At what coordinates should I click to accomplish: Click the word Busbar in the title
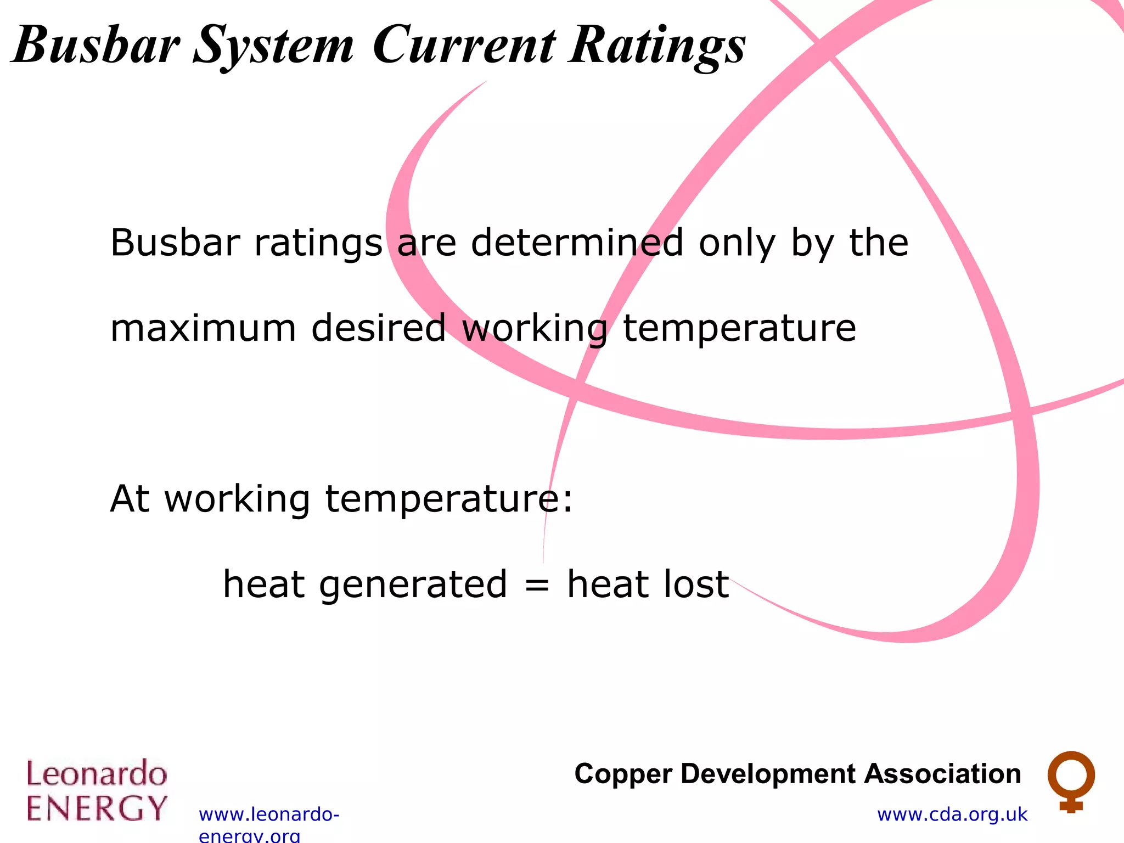tap(96, 45)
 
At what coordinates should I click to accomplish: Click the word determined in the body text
tap(577, 243)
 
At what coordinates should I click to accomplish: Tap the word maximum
tap(203, 328)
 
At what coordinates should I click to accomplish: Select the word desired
tap(378, 328)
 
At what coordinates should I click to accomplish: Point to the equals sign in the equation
tap(536, 585)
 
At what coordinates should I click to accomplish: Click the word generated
tap(413, 585)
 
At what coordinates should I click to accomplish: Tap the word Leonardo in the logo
tap(97, 774)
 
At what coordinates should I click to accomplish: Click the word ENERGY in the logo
tap(97, 808)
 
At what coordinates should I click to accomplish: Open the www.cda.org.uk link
tap(952, 814)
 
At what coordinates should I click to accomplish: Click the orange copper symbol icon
tap(1071, 781)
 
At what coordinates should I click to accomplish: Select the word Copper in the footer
tap(623, 774)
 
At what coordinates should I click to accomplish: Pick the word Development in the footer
tap(768, 774)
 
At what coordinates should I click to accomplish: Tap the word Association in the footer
tap(942, 774)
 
